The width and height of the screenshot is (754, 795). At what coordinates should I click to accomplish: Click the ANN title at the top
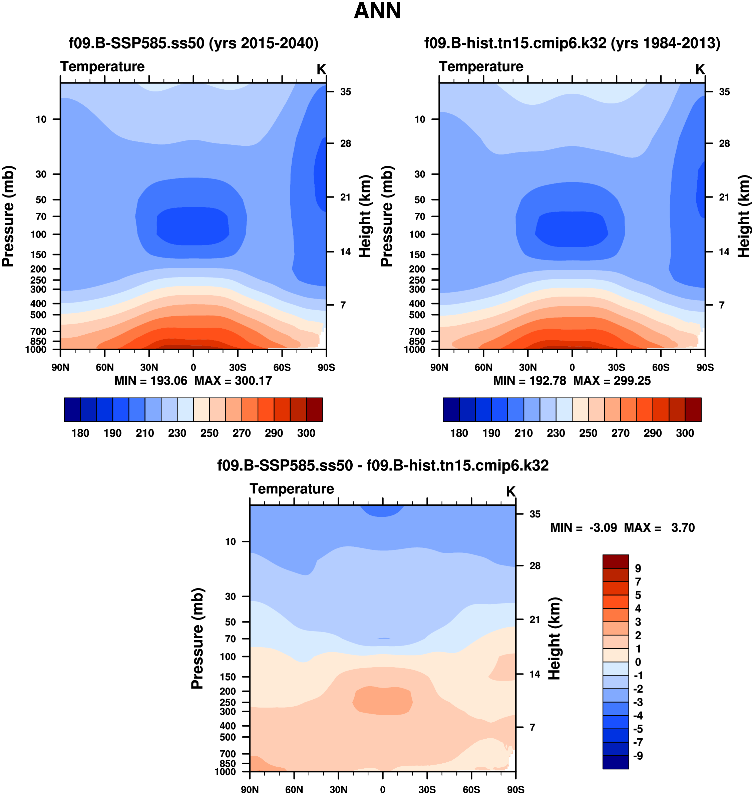[377, 11]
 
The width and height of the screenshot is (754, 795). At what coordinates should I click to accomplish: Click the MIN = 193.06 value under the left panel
[151, 381]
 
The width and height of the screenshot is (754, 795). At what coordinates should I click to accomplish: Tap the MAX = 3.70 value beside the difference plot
[659, 527]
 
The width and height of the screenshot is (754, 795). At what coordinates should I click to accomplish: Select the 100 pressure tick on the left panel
[39, 234]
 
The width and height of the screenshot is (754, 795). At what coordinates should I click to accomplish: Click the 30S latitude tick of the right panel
[616, 367]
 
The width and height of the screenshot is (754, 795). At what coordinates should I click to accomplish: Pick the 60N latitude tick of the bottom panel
[294, 789]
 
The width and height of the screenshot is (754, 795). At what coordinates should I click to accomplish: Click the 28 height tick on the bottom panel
[534, 565]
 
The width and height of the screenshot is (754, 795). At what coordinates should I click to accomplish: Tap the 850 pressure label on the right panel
[417, 341]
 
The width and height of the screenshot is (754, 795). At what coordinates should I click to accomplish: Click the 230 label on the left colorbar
[177, 433]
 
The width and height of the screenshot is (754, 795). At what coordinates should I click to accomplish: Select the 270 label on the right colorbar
[620, 433]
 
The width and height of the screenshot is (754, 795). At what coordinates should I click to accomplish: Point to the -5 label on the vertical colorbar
[638, 729]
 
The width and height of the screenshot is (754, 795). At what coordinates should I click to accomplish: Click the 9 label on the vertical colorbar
[638, 568]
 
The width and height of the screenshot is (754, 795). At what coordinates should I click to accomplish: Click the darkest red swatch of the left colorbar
[314, 410]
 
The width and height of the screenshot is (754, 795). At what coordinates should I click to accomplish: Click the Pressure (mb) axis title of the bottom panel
[198, 638]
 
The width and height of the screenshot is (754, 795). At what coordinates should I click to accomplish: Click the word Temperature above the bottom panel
[292, 489]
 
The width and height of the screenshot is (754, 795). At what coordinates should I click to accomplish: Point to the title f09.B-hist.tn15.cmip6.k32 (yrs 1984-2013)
[572, 43]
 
